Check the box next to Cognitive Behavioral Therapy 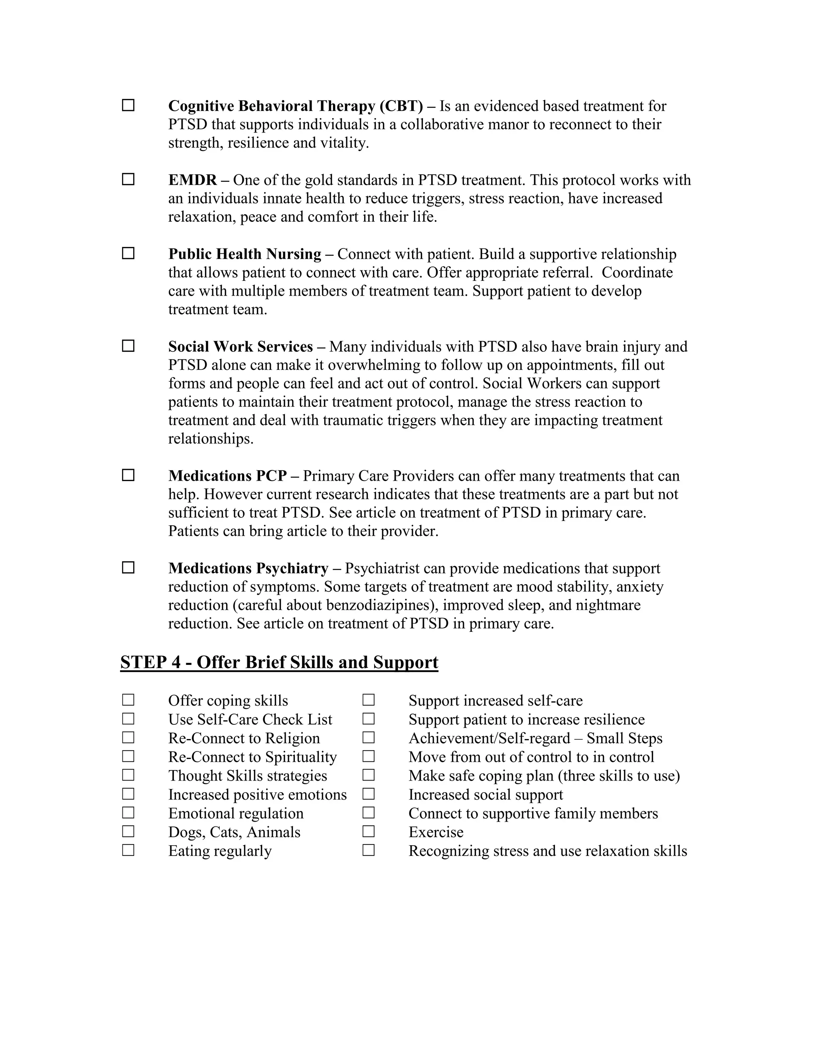128,106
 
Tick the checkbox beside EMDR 128,179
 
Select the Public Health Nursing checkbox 128,254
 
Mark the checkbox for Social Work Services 128,346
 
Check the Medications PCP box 128,475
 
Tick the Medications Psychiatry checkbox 128,568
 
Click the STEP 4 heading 279,662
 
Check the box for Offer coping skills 128,700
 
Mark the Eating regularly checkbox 128,850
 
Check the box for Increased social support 368,794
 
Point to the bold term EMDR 193,180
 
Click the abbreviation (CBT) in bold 401,106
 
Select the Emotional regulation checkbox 128,813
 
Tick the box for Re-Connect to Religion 128,738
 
